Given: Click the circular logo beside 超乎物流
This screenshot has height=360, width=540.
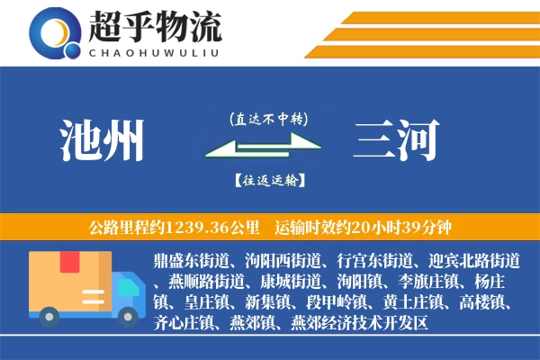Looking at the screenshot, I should coord(55,32).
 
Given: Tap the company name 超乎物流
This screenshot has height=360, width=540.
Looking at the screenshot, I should coord(154,27).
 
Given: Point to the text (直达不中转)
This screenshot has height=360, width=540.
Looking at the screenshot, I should coord(268,118).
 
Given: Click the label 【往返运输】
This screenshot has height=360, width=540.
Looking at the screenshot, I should coord(268,180).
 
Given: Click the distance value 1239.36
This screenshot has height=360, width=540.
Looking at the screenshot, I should coord(208,226).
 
